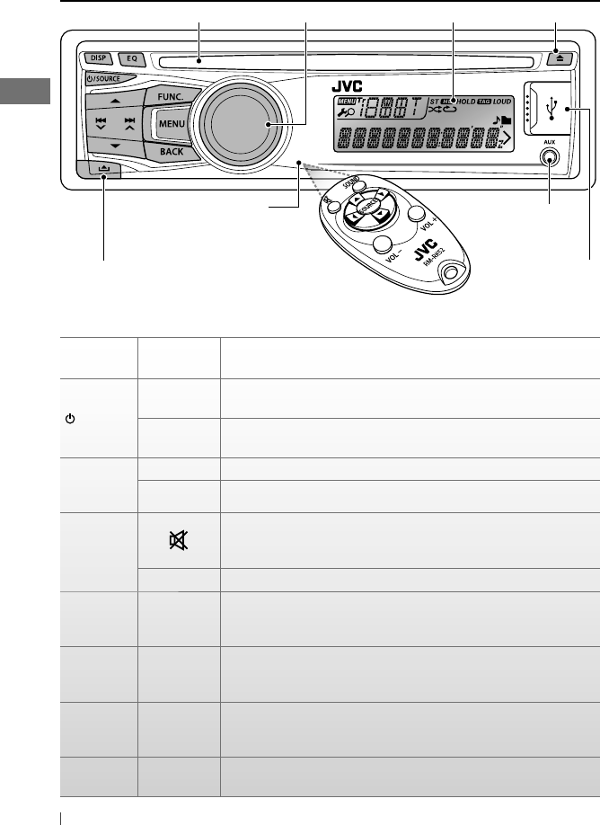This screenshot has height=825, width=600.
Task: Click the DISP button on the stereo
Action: [98, 59]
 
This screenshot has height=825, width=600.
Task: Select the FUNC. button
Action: [172, 94]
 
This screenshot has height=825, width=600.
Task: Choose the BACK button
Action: [172, 152]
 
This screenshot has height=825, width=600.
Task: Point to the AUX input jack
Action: [549, 157]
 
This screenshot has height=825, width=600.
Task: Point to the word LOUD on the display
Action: [500, 102]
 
